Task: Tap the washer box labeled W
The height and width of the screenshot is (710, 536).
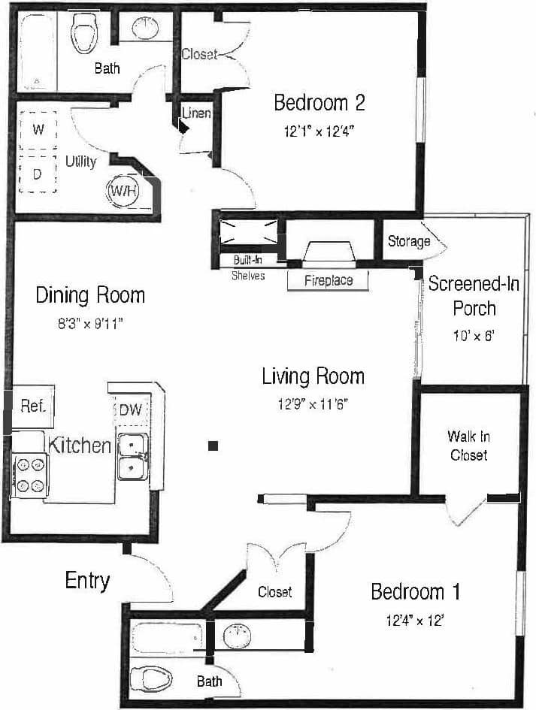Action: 38,129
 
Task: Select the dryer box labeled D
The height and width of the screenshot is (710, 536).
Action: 38,174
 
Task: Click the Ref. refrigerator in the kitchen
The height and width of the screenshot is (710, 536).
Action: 33,406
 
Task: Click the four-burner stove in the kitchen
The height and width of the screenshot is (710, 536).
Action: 29,476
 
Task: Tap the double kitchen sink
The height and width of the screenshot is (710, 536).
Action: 133,457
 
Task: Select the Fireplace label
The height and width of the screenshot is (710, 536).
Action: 329,281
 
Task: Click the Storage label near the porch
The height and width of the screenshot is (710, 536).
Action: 409,241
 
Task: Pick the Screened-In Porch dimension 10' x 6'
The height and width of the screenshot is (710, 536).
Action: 474,337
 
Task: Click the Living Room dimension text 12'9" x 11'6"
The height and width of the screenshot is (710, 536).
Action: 313,403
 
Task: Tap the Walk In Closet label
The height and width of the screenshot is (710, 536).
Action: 468,446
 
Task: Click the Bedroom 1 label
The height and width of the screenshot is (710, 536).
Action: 415,592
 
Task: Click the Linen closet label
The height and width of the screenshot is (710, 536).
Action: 196,113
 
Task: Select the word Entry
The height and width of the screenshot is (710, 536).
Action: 87,581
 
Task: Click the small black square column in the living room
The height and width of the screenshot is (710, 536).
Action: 213,446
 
